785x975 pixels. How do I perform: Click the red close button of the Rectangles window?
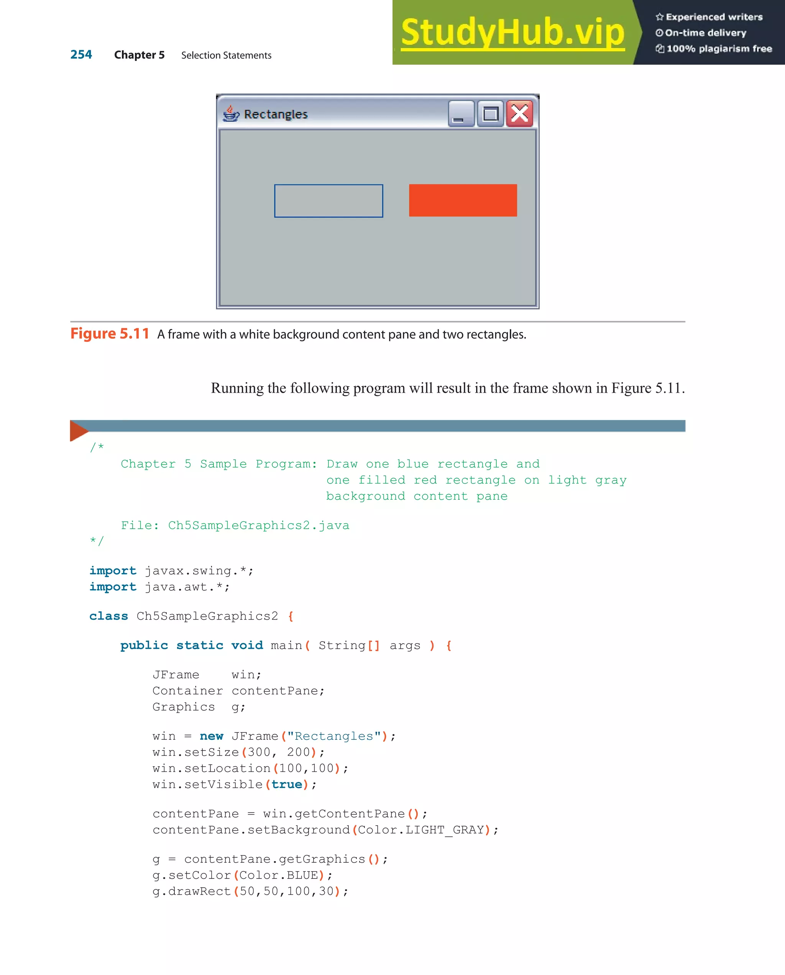pyautogui.click(x=519, y=113)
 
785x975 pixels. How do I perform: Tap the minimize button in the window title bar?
pyautogui.click(x=461, y=113)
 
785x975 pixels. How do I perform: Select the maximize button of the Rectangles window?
pyautogui.click(x=491, y=113)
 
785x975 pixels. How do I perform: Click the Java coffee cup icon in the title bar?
pyautogui.click(x=231, y=113)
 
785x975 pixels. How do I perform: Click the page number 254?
pyautogui.click(x=81, y=55)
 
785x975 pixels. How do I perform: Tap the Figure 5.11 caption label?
pyautogui.click(x=110, y=334)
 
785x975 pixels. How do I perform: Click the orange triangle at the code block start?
pyautogui.click(x=78, y=431)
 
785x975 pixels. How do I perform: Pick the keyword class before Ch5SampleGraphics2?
pyautogui.click(x=108, y=616)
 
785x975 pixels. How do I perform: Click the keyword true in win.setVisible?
pyautogui.click(x=286, y=784)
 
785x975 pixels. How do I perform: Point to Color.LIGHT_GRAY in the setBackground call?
pyautogui.click(x=421, y=830)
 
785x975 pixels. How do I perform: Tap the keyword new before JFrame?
pyautogui.click(x=211, y=736)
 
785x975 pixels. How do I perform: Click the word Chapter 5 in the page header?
pyautogui.click(x=140, y=55)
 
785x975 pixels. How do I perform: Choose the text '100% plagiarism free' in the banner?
pyautogui.click(x=719, y=49)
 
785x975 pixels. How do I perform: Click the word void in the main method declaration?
pyautogui.click(x=247, y=645)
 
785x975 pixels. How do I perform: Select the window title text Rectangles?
pyautogui.click(x=276, y=115)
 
